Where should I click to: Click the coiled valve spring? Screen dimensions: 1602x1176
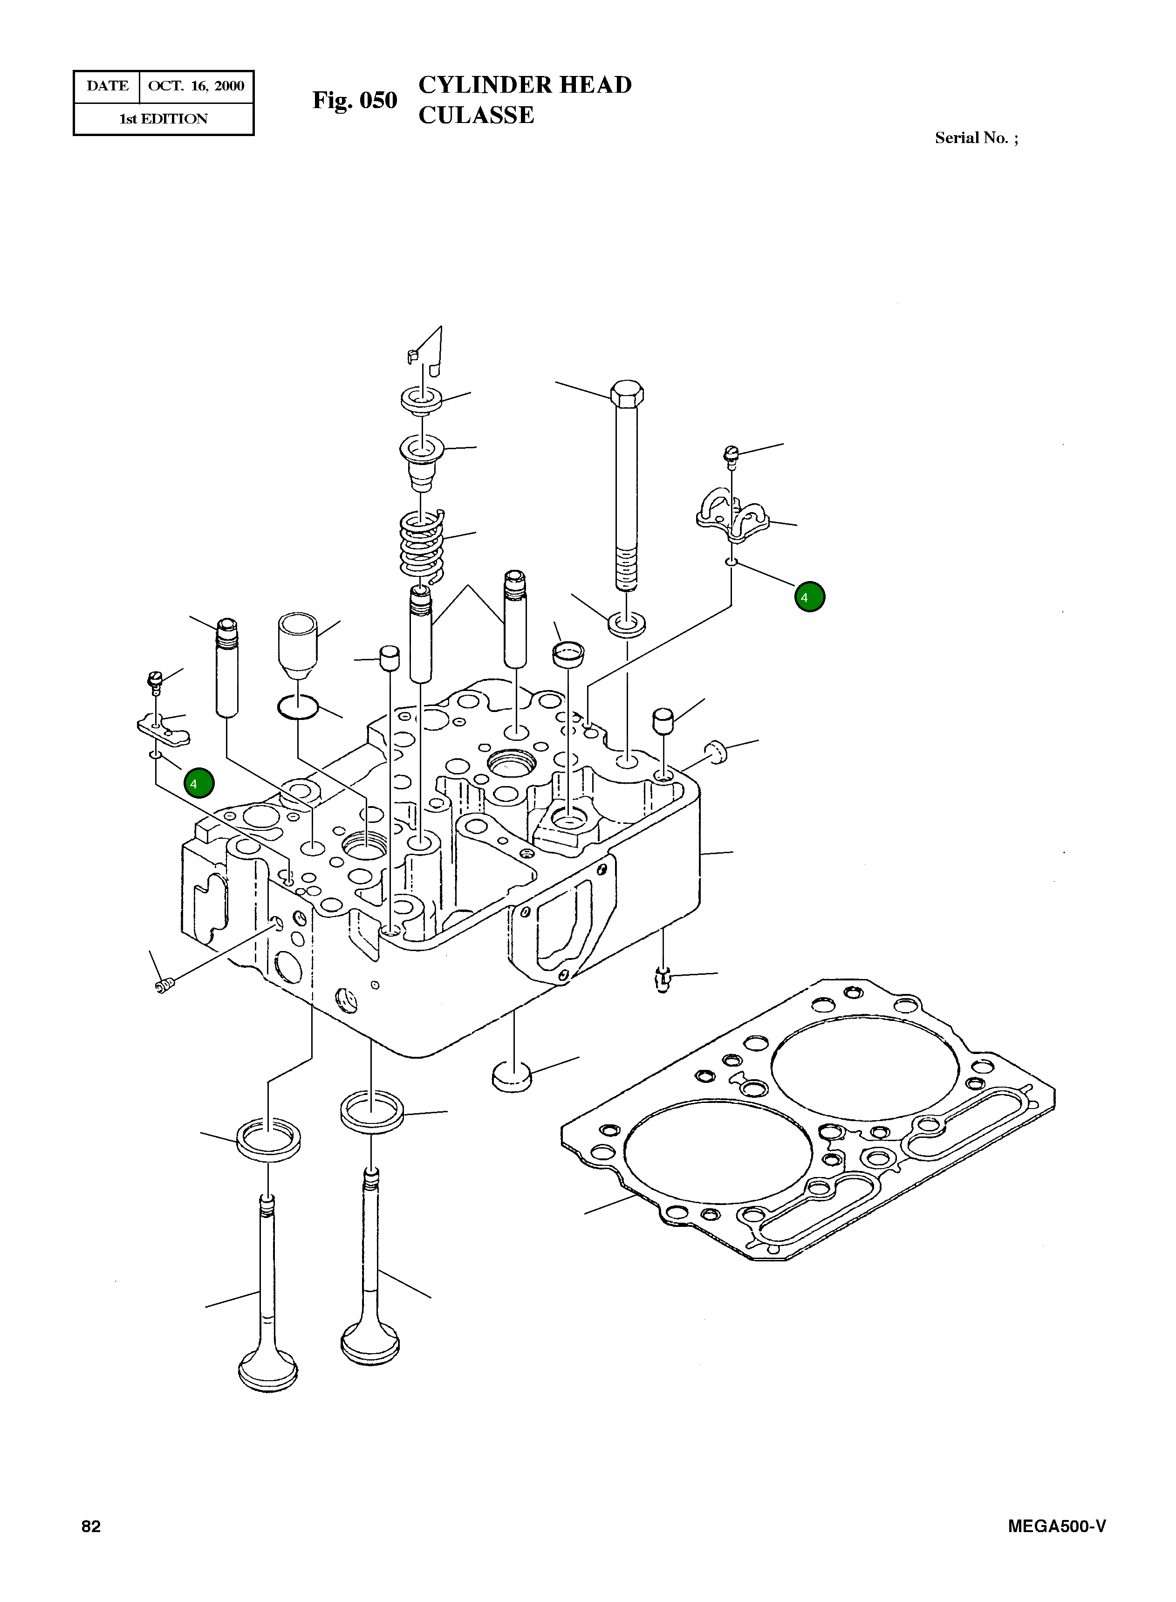pyautogui.click(x=421, y=545)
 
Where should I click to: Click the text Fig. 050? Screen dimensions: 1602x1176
pyautogui.click(x=355, y=100)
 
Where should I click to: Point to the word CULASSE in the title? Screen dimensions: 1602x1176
pyautogui.click(x=476, y=116)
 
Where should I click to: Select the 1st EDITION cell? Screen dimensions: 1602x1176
pyautogui.click(x=163, y=119)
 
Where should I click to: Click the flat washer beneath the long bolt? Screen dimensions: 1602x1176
pyautogui.click(x=627, y=624)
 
